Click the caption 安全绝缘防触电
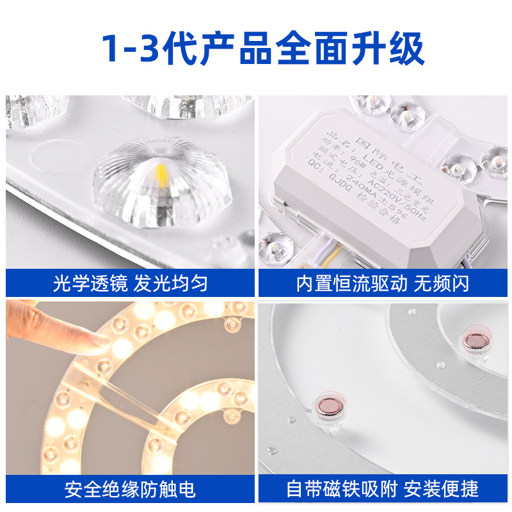[130, 490]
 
